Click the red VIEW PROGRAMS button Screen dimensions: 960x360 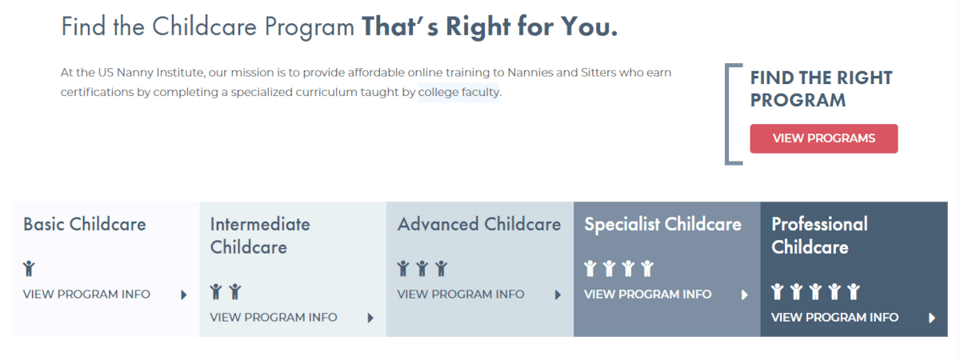[824, 138]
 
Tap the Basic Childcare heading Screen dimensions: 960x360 [85, 224]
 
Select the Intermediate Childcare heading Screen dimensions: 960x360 [260, 236]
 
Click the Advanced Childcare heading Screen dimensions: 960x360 [479, 224]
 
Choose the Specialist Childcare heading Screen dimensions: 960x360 [662, 224]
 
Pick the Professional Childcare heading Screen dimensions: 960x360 [819, 236]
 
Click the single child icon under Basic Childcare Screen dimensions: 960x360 [29, 268]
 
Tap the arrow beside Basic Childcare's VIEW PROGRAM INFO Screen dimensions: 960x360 [184, 295]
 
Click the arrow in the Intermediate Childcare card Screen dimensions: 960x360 [370, 318]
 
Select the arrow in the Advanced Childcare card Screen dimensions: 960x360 [558, 295]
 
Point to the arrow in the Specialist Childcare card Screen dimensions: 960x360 [745, 295]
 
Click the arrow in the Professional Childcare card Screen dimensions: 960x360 [932, 318]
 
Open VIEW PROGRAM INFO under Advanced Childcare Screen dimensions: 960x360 [461, 294]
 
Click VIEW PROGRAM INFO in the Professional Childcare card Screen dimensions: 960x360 [835, 318]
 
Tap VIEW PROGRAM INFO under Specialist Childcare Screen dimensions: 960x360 [647, 294]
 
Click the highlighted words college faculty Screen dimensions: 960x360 [458, 92]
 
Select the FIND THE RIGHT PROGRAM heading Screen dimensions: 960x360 [821, 89]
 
